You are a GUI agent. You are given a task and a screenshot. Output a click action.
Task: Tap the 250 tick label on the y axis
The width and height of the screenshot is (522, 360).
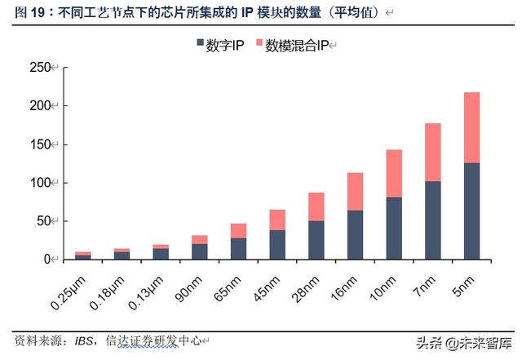coord(38,68)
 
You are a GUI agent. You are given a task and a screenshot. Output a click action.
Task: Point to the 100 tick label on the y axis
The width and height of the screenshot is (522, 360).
coord(38,182)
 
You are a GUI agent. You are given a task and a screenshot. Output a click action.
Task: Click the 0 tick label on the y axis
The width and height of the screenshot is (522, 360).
coord(46,259)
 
